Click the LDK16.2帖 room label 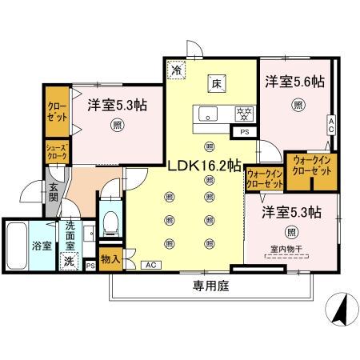click(204, 166)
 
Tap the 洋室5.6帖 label click(294, 82)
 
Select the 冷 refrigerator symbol click(176, 70)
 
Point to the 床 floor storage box click(216, 82)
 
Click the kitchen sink click(206, 114)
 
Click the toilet click(110, 216)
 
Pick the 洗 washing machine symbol click(70, 261)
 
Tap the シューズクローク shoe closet click(55, 152)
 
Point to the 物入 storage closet click(111, 260)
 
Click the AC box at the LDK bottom click(150, 264)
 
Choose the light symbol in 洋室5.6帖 click(298, 104)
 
